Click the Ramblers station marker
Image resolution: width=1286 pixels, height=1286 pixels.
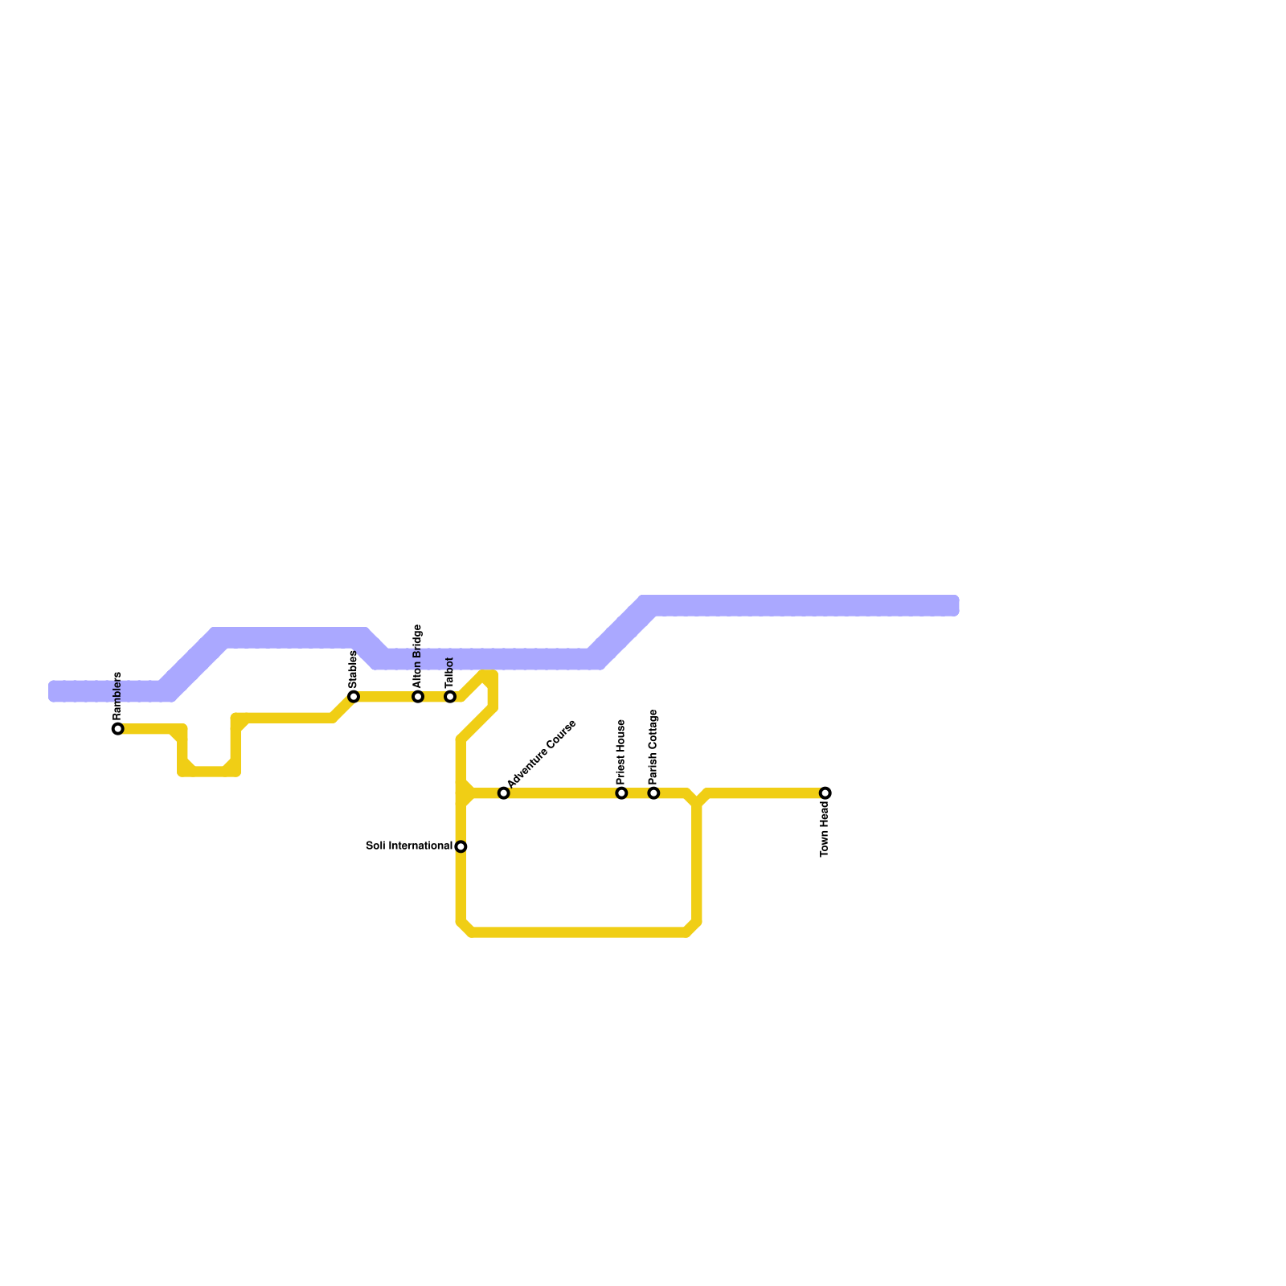[118, 729]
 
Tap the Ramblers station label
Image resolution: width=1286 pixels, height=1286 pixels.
[117, 695]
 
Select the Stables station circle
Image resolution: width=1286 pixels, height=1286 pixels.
[354, 696]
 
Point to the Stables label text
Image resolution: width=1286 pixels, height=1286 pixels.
[353, 669]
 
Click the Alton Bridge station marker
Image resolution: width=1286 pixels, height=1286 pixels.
[418, 696]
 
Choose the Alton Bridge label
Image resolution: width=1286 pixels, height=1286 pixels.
[417, 655]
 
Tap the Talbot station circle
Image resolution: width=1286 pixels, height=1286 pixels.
[450, 696]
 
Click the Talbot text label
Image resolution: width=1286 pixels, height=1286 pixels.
[449, 672]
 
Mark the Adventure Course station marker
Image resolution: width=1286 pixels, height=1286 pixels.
[503, 793]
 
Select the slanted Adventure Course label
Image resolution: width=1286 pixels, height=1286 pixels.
[542, 753]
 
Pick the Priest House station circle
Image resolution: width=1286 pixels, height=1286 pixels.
[621, 793]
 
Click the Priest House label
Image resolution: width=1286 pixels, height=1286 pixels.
[621, 752]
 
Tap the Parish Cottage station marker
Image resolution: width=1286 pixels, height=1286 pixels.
[653, 793]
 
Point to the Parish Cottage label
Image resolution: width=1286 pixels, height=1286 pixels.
[653, 747]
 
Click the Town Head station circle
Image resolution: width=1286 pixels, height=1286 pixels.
[825, 793]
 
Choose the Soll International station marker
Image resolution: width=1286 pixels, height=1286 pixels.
[461, 846]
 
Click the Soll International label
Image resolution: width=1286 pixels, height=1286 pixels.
[409, 846]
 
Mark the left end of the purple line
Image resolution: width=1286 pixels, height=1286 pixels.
[53, 691]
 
